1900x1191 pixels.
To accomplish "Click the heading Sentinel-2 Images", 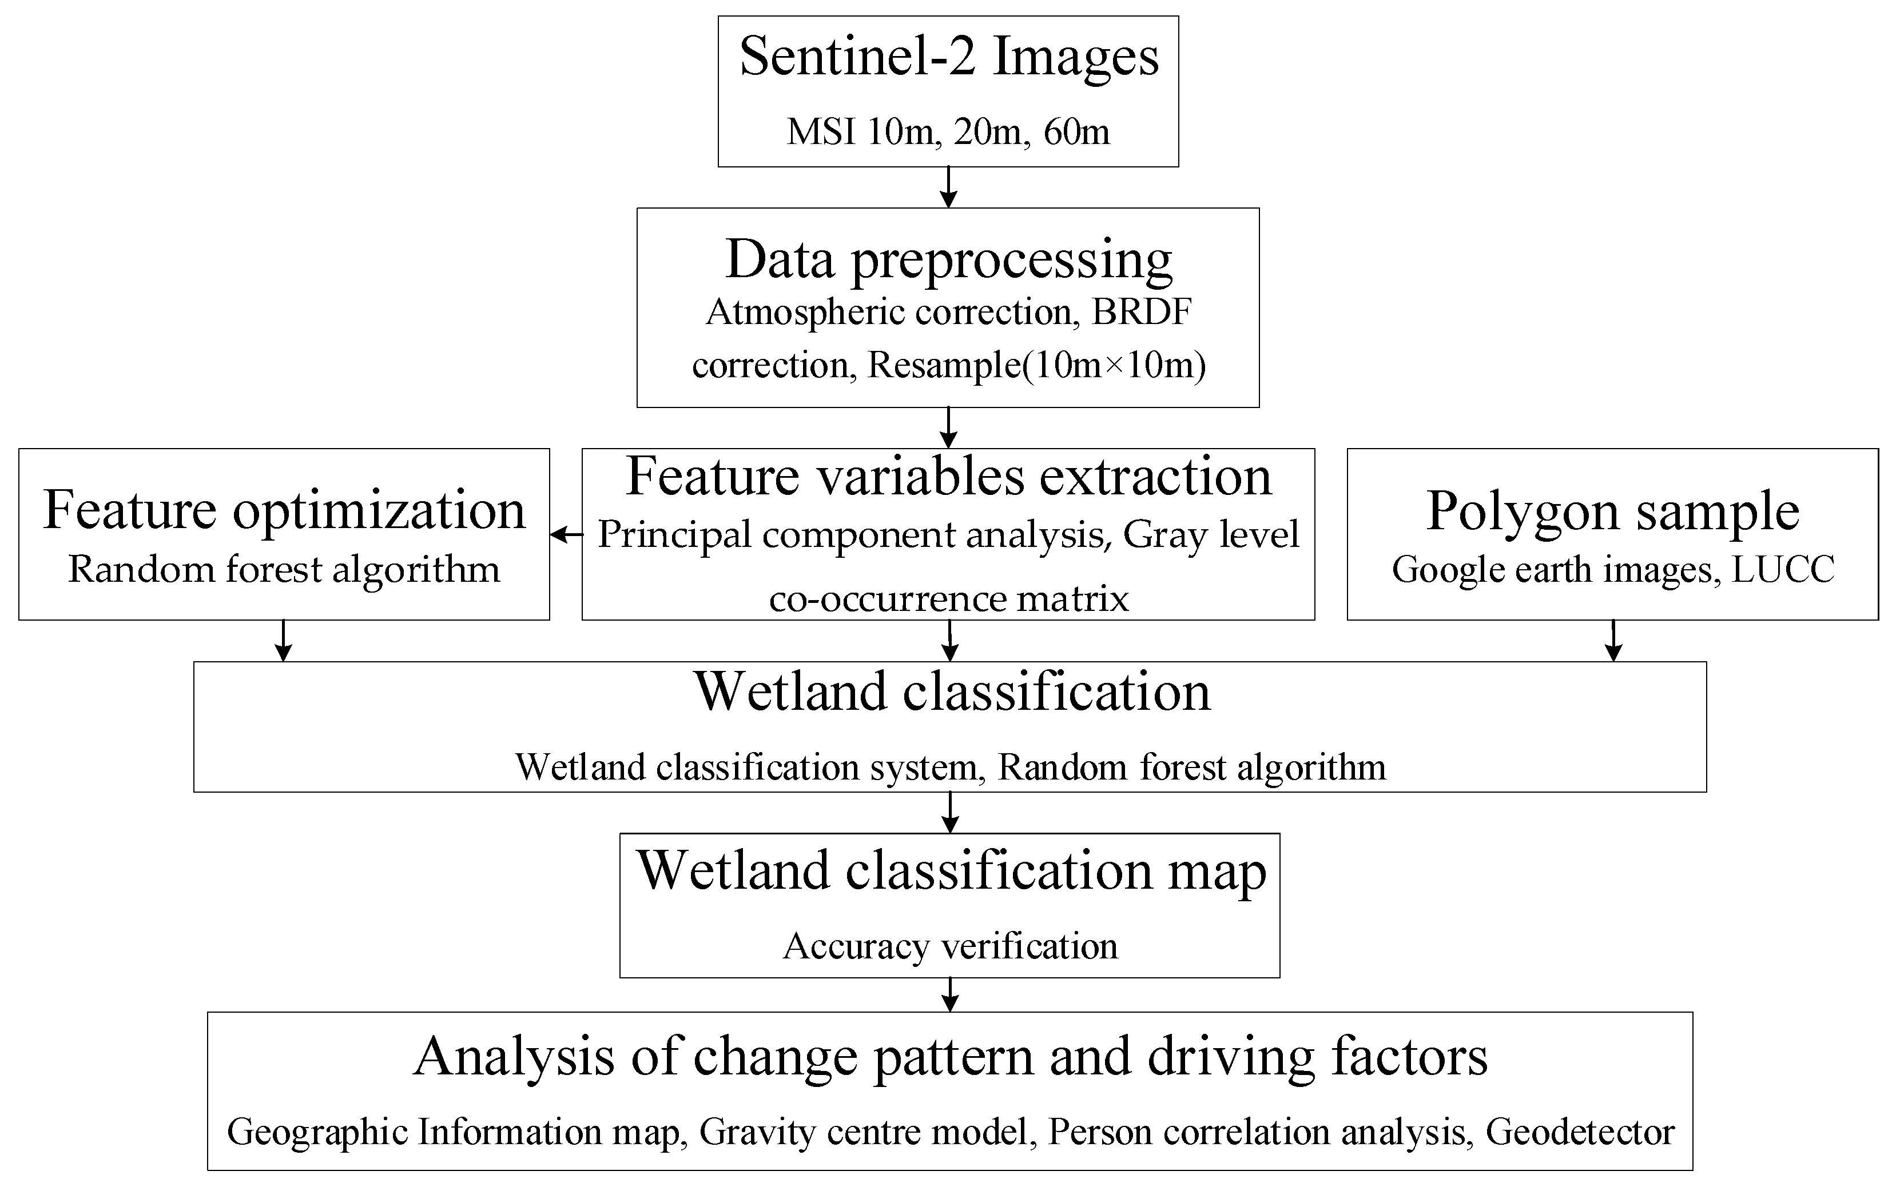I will click(949, 57).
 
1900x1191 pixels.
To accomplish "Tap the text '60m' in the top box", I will click(1076, 131).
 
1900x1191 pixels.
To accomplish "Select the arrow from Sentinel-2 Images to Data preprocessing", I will click(949, 187).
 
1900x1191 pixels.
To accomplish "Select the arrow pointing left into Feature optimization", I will click(566, 535).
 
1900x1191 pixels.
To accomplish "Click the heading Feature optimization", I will click(284, 510).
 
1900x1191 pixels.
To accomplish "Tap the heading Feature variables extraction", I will click(948, 477).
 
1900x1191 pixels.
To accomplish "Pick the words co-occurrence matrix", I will click(948, 599).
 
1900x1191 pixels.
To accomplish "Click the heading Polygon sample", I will click(1612, 510).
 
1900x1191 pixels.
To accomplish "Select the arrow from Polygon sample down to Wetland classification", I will click(1613, 641).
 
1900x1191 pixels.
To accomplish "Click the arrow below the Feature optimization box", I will click(283, 641).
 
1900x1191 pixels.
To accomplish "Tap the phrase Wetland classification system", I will click(745, 767).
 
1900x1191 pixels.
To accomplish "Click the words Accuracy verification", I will click(949, 946).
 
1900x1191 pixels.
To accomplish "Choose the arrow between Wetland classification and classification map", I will click(951, 812).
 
